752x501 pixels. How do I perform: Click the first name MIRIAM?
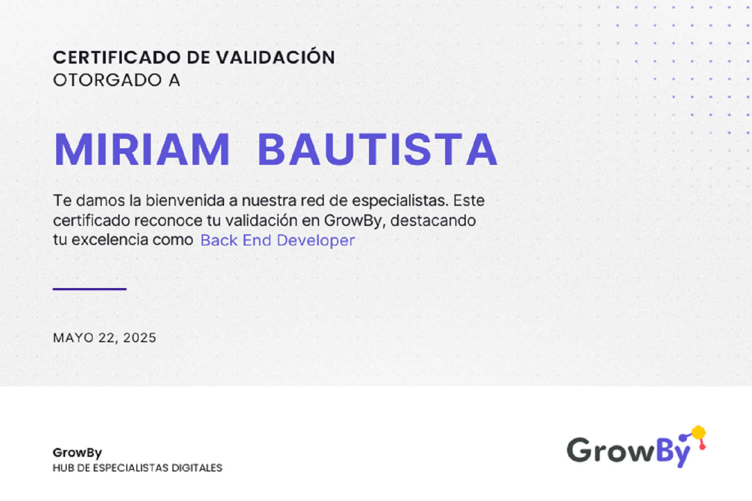point(141,149)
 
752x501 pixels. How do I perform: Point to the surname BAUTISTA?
point(377,149)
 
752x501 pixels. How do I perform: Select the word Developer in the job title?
point(316,240)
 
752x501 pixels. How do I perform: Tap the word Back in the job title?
point(219,240)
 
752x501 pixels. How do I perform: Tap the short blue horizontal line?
point(90,289)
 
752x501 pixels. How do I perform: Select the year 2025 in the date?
point(140,338)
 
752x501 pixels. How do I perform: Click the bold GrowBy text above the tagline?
point(77,452)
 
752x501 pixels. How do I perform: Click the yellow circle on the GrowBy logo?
point(698,432)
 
